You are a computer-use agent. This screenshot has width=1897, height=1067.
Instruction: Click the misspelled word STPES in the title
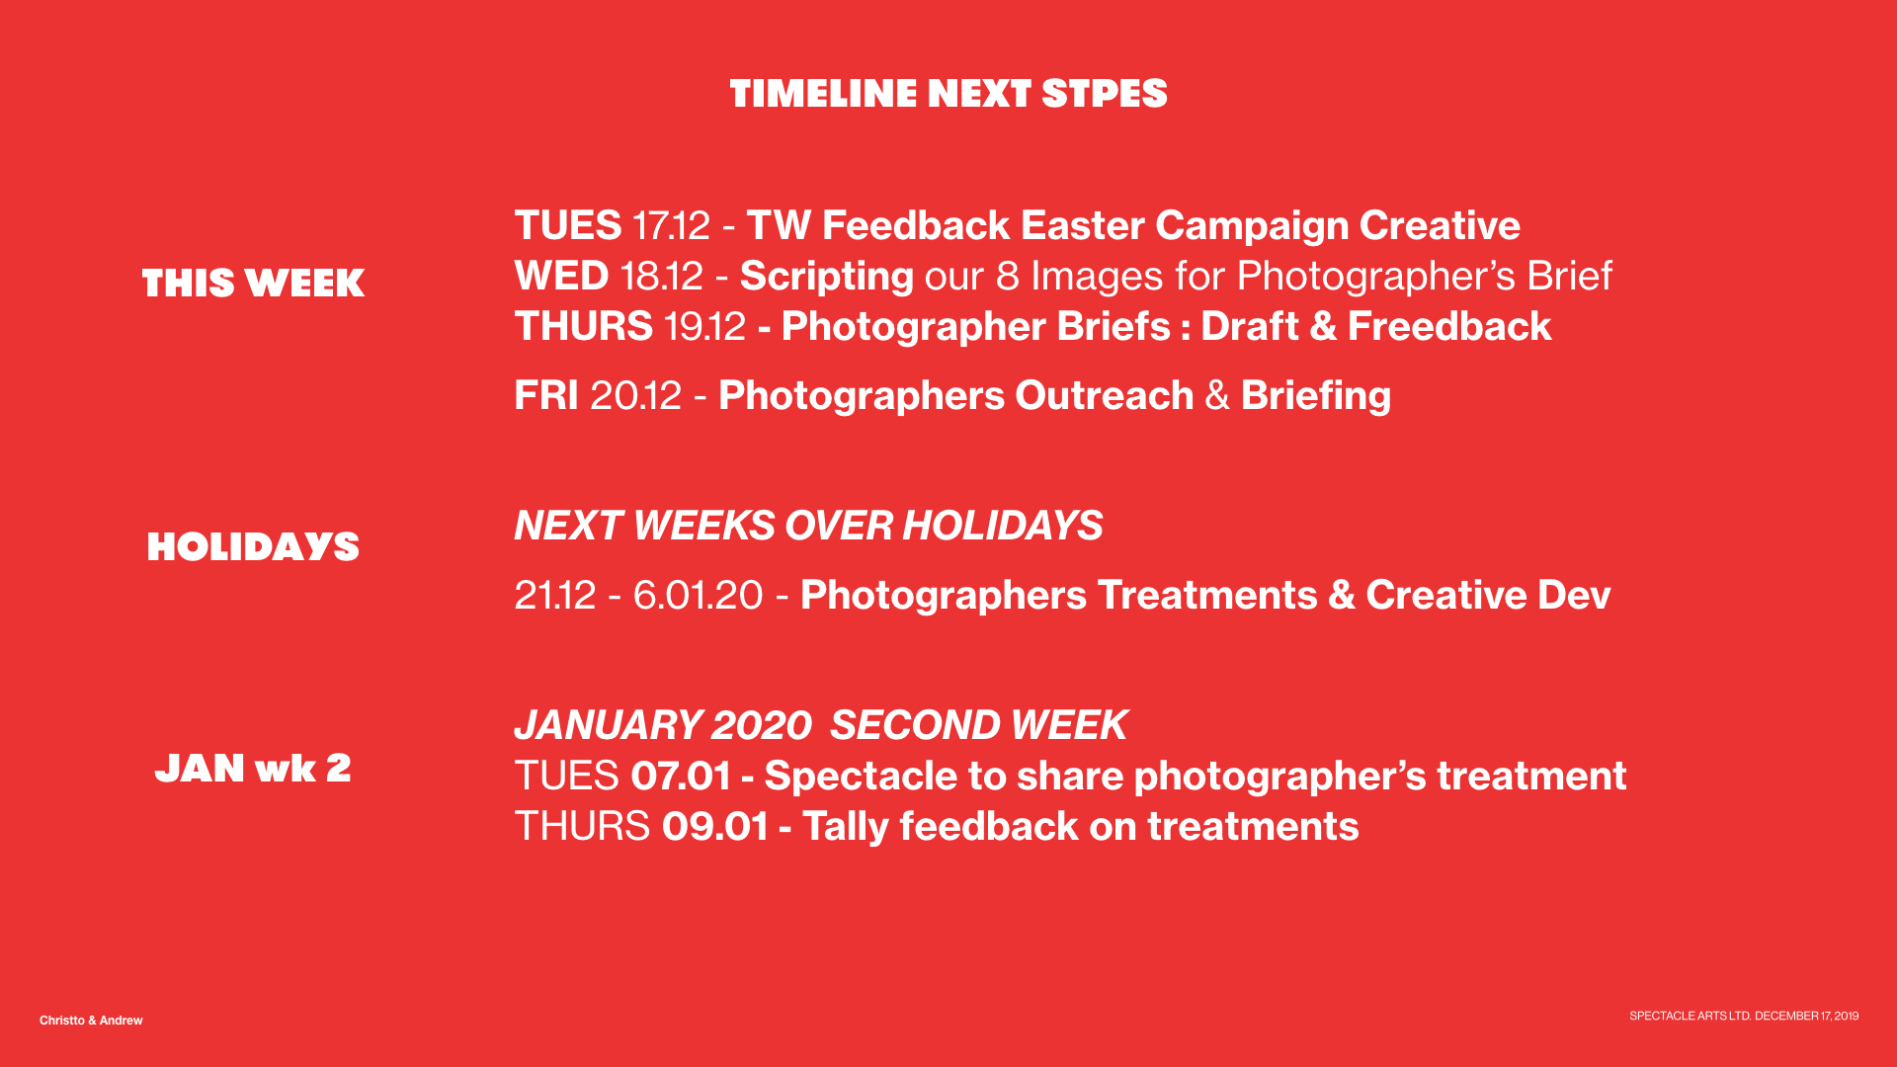click(x=1104, y=94)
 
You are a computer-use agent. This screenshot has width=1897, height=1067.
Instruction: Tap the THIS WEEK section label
click(x=253, y=284)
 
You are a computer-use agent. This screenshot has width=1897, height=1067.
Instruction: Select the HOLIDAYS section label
click(x=253, y=547)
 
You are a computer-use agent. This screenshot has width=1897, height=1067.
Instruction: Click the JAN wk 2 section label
click(x=253, y=768)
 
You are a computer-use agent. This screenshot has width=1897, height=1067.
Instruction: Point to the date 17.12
click(x=671, y=226)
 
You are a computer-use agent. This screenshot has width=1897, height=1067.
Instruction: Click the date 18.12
click(x=662, y=277)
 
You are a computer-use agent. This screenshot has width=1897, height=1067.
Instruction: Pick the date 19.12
click(x=704, y=327)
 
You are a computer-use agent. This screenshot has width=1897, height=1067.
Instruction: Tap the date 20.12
click(x=635, y=396)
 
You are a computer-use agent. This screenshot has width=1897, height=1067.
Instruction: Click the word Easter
click(x=1082, y=226)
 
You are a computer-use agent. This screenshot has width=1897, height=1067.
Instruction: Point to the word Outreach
click(x=1104, y=396)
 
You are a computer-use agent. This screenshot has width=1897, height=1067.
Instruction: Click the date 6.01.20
click(x=698, y=596)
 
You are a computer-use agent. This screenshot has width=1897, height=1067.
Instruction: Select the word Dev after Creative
click(x=1575, y=596)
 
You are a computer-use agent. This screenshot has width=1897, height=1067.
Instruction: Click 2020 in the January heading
click(x=761, y=726)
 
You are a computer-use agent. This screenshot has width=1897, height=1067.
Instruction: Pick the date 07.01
click(x=681, y=777)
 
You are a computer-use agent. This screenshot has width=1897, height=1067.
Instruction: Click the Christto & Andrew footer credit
click(x=91, y=1021)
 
